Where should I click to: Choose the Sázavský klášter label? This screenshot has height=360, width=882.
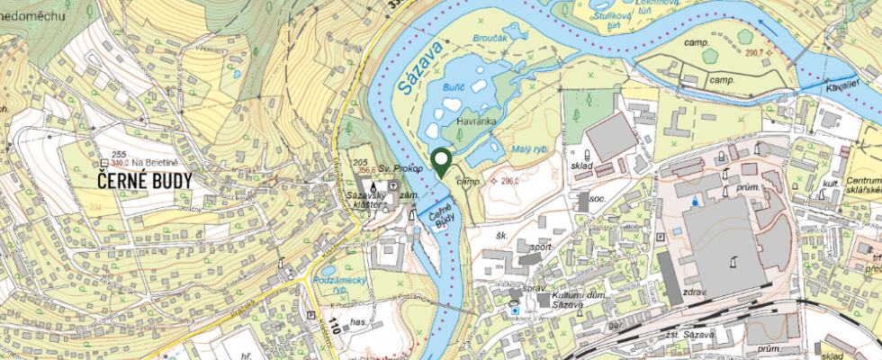pyautogui.click(x=368, y=200)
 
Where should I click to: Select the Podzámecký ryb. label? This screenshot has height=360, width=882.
pyautogui.click(x=338, y=284)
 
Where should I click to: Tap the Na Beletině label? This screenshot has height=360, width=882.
pyautogui.click(x=160, y=161)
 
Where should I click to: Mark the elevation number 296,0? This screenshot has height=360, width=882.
pyautogui.click(x=510, y=180)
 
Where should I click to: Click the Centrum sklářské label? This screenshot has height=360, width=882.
pyautogui.click(x=862, y=187)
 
